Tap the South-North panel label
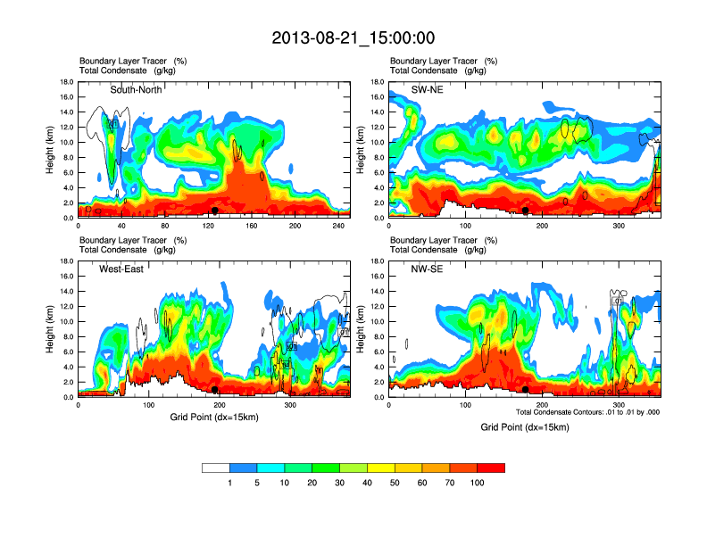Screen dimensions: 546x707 tap(136, 89)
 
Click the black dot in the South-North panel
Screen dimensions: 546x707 tap(214, 211)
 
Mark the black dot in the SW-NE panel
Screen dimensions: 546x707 tap(526, 211)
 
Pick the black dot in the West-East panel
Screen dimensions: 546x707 tap(214, 390)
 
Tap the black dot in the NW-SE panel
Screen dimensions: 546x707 tap(526, 390)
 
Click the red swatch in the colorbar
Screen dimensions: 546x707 tap(491, 467)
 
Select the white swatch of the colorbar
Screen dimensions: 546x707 tap(216, 467)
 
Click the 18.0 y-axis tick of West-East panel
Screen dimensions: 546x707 tap(65, 261)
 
